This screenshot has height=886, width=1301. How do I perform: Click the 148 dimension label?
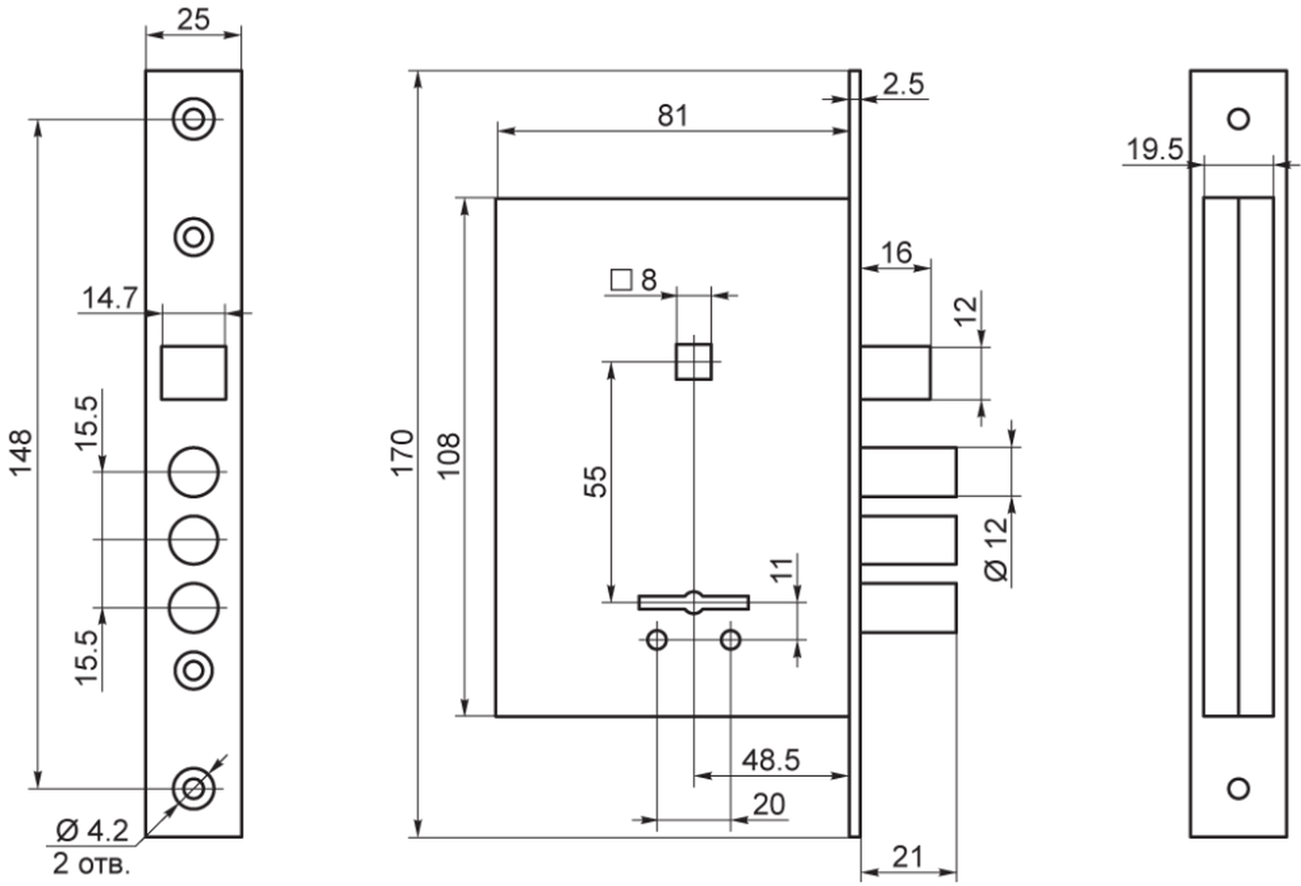21,453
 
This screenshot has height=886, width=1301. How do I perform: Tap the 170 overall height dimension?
402,453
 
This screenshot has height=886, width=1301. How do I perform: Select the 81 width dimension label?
673,115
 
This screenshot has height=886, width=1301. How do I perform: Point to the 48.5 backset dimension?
771,760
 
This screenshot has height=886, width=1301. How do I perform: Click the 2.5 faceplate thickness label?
904,84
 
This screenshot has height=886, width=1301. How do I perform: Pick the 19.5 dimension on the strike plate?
1155,149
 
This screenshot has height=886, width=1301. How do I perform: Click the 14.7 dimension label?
110,298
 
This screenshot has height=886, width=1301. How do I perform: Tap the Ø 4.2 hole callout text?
92,831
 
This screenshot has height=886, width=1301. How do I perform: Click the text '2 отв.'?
91,863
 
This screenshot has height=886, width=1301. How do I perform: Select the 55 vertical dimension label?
596,481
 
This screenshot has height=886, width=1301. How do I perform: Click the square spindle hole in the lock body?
693,361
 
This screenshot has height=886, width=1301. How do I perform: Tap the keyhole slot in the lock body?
693,602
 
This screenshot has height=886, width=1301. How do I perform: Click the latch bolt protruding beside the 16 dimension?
896,373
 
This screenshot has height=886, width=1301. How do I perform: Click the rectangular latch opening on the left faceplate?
193,373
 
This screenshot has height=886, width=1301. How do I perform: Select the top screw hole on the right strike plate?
1238,119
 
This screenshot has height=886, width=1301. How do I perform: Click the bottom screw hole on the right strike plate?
1238,789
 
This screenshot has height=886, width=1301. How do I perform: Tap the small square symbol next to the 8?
621,280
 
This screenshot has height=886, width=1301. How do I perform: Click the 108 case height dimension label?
448,455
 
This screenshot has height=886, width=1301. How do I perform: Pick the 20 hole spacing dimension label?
769,804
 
